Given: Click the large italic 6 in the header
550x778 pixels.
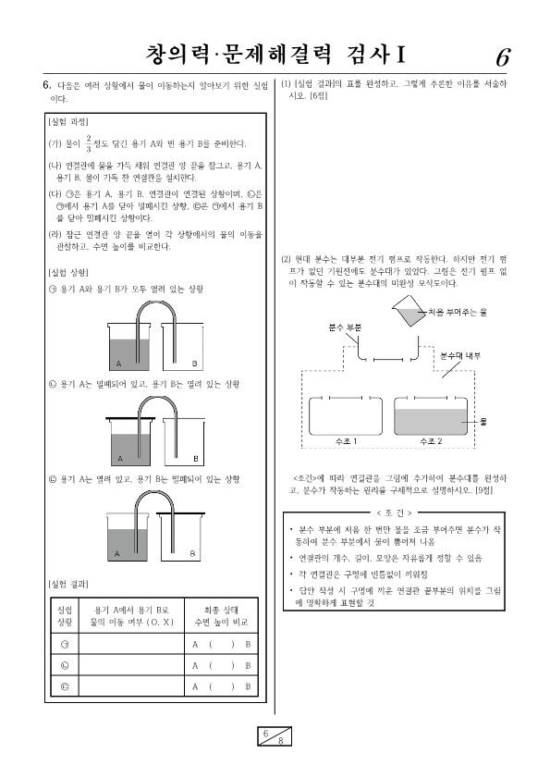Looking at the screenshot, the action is pyautogui.click(x=502, y=57).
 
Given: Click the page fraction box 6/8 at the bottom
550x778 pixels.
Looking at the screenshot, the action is pyautogui.click(x=275, y=735).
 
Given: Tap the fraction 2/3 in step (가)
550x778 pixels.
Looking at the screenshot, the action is pyautogui.click(x=89, y=143).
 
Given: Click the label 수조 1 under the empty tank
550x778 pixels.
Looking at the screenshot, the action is pyautogui.click(x=346, y=441).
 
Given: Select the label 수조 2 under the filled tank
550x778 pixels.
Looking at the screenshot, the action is pyautogui.click(x=431, y=441).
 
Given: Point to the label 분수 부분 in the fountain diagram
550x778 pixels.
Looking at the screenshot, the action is pyautogui.click(x=345, y=327).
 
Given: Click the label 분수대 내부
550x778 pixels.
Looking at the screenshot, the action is pyautogui.click(x=460, y=356).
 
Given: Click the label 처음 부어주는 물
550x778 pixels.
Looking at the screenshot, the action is pyautogui.click(x=458, y=312).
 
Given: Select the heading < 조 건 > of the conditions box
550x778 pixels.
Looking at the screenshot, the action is pyautogui.click(x=395, y=512).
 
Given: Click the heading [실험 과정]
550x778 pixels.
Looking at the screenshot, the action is pyautogui.click(x=68, y=122).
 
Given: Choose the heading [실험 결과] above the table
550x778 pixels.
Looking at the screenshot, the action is pyautogui.click(x=68, y=584).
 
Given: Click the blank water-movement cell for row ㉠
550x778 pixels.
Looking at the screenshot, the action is pyautogui.click(x=131, y=644).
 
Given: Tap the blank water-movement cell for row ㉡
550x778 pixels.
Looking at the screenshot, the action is pyautogui.click(x=131, y=665).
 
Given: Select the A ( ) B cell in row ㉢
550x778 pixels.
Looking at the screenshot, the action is pyautogui.click(x=221, y=686).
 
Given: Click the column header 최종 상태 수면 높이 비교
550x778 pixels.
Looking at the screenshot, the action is pyautogui.click(x=221, y=616).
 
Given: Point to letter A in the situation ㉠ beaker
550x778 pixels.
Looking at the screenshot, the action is pyautogui.click(x=118, y=364).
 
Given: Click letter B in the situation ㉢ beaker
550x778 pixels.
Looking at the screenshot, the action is pyautogui.click(x=192, y=554).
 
